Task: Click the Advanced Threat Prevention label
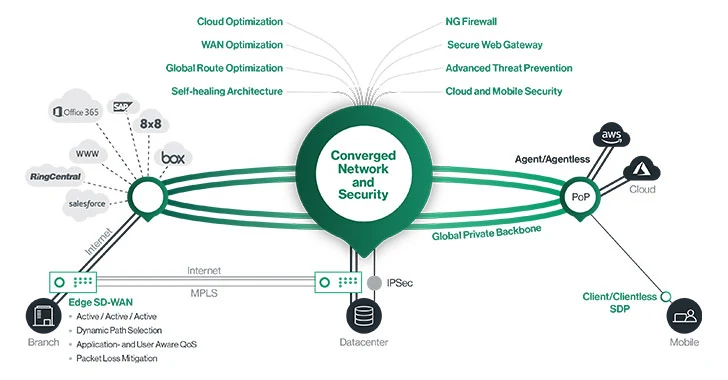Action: point(509,68)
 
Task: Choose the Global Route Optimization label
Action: point(224,68)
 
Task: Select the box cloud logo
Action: point(173,158)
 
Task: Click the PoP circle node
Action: point(580,196)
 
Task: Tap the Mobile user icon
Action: point(687,320)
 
